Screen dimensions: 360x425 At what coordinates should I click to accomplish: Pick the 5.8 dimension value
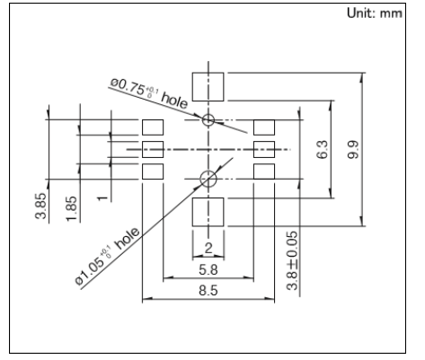click(208, 269)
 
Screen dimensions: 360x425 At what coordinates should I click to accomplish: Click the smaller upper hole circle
click(208, 119)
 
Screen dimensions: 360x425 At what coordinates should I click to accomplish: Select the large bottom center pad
click(208, 212)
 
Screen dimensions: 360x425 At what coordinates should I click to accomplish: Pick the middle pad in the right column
click(264, 148)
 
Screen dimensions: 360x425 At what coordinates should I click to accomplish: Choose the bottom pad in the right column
click(264, 170)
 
